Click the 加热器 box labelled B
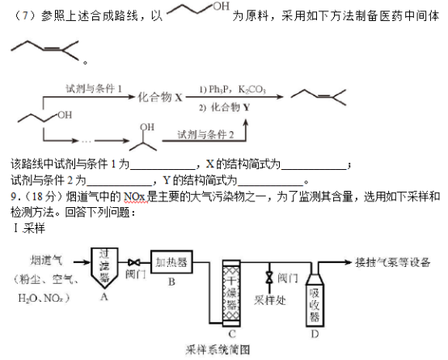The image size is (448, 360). click(x=171, y=262)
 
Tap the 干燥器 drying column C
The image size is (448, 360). click(x=231, y=293)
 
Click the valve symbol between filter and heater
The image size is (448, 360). click(x=134, y=262)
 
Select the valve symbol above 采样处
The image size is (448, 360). click(x=269, y=277)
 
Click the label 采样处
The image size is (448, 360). click(x=270, y=300)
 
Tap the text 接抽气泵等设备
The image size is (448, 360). click(x=393, y=262)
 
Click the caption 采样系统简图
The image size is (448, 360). click(x=218, y=349)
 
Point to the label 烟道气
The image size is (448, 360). click(x=46, y=260)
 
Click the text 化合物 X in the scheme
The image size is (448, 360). click(x=160, y=97)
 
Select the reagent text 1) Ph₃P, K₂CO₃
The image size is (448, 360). click(x=233, y=90)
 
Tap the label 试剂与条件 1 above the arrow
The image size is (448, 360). click(x=94, y=89)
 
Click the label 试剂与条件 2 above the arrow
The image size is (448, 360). click(x=205, y=134)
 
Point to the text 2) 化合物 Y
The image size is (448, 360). click(x=225, y=108)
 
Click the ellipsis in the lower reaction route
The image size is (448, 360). click(x=86, y=141)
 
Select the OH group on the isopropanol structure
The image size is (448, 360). click(x=147, y=127)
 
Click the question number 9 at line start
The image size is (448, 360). click(x=14, y=197)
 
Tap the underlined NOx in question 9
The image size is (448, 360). click(x=135, y=197)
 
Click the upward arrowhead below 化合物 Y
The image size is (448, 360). click(x=245, y=123)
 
